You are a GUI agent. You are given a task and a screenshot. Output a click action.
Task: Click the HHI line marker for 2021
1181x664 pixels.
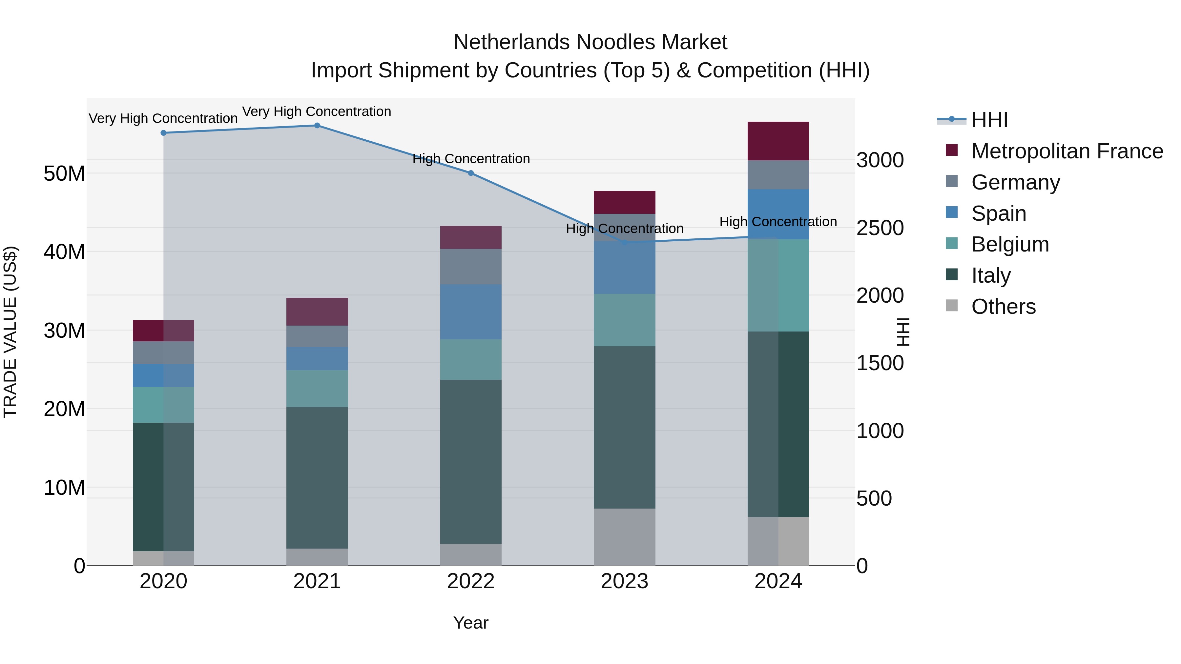coord(317,126)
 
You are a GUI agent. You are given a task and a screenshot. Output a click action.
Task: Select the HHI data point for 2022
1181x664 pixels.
coord(471,173)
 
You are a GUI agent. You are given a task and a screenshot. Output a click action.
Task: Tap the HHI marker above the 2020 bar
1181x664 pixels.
coord(163,133)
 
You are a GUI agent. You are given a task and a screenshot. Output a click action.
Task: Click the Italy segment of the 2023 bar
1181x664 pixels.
coord(624,427)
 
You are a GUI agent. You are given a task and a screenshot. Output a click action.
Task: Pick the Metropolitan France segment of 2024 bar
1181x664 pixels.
coord(778,141)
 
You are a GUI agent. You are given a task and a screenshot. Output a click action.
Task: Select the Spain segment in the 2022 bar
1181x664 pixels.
coord(471,312)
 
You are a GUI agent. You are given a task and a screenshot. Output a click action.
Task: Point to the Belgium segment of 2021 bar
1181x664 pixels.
coord(317,389)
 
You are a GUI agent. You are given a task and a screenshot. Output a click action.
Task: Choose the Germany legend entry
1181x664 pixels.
coord(1015,182)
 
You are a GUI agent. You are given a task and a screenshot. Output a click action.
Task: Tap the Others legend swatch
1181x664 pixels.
coord(952,306)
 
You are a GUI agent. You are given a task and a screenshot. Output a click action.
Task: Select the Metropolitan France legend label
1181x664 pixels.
coord(1067,151)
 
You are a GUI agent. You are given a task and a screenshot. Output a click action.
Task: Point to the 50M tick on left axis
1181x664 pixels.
coord(64,174)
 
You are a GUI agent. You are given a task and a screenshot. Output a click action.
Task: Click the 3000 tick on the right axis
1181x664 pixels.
coord(880,160)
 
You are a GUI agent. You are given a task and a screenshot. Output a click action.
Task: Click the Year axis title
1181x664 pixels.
coord(471,623)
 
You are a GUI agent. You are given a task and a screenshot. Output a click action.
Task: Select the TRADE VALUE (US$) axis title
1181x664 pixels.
coord(10,332)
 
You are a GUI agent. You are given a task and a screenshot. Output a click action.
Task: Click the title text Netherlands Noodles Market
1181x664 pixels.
coord(590,42)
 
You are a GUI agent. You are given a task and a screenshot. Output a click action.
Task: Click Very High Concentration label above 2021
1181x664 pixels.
coord(317,111)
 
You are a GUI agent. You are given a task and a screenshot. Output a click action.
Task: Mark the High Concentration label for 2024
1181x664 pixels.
coord(778,222)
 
